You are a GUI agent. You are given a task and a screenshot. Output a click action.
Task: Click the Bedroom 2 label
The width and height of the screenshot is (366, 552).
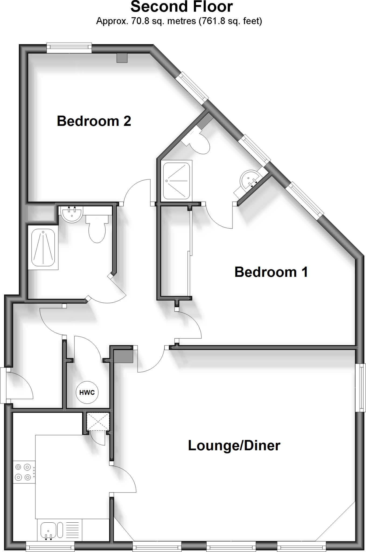pyautogui.click(x=94, y=121)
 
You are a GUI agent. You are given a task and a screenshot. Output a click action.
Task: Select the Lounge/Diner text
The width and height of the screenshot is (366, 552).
pyautogui.click(x=234, y=445)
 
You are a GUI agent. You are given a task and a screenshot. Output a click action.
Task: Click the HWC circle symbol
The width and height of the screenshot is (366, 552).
pyautogui.click(x=87, y=392)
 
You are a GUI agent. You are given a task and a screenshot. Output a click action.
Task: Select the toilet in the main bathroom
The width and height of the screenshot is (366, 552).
pyautogui.click(x=97, y=229)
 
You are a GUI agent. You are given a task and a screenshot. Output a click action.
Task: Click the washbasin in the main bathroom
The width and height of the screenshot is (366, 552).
pyautogui.click(x=72, y=215)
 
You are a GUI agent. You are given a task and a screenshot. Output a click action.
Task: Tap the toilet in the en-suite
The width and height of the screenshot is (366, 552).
pyautogui.click(x=198, y=142)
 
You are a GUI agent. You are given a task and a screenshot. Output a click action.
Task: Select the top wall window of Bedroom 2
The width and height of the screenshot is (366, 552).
pyautogui.click(x=69, y=48)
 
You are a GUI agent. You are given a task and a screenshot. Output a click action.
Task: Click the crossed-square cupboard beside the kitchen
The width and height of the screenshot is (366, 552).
pyautogui.click(x=98, y=422)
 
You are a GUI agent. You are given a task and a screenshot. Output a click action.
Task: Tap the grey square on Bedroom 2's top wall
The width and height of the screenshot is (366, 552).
pyautogui.click(x=122, y=58)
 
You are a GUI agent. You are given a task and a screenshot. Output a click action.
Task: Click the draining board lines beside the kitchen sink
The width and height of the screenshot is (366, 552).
pyautogui.click(x=72, y=529)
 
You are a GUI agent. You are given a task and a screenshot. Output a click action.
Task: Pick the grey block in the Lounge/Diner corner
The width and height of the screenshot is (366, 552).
pyautogui.click(x=124, y=356)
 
